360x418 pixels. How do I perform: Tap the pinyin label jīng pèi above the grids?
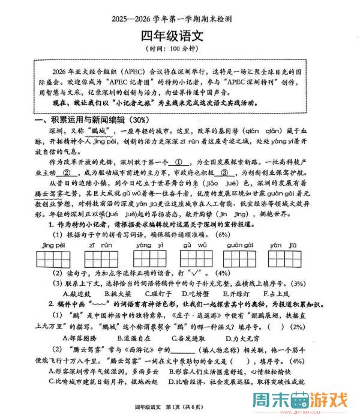click(54, 246)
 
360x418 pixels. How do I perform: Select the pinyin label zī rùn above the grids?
click(101, 246)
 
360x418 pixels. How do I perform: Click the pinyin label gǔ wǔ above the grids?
click(195, 246)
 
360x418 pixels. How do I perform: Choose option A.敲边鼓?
click(77, 294)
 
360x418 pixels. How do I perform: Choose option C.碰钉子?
click(157, 294)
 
